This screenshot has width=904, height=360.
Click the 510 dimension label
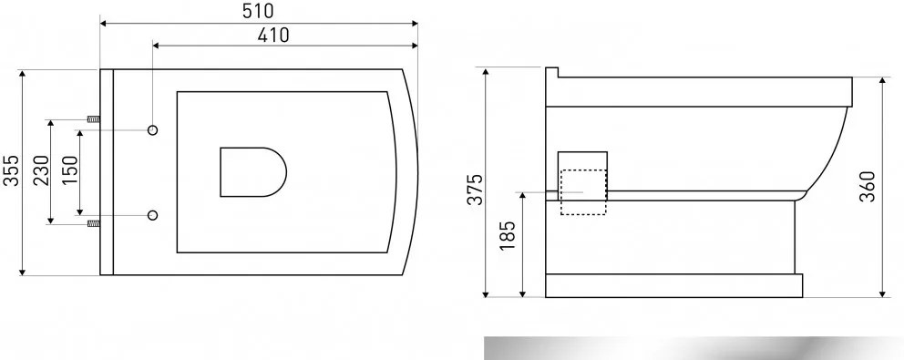(x=259, y=10)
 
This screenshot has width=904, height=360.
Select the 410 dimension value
(x=272, y=36)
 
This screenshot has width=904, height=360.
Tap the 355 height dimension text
(x=11, y=170)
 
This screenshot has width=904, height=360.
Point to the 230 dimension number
(x=40, y=170)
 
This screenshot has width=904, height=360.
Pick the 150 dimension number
(x=69, y=171)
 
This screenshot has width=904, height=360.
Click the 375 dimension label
(x=475, y=189)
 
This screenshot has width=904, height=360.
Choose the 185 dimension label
(x=508, y=235)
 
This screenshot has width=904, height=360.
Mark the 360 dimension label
(x=868, y=186)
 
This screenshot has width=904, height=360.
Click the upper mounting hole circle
(x=153, y=129)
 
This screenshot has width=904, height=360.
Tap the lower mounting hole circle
(x=153, y=215)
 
